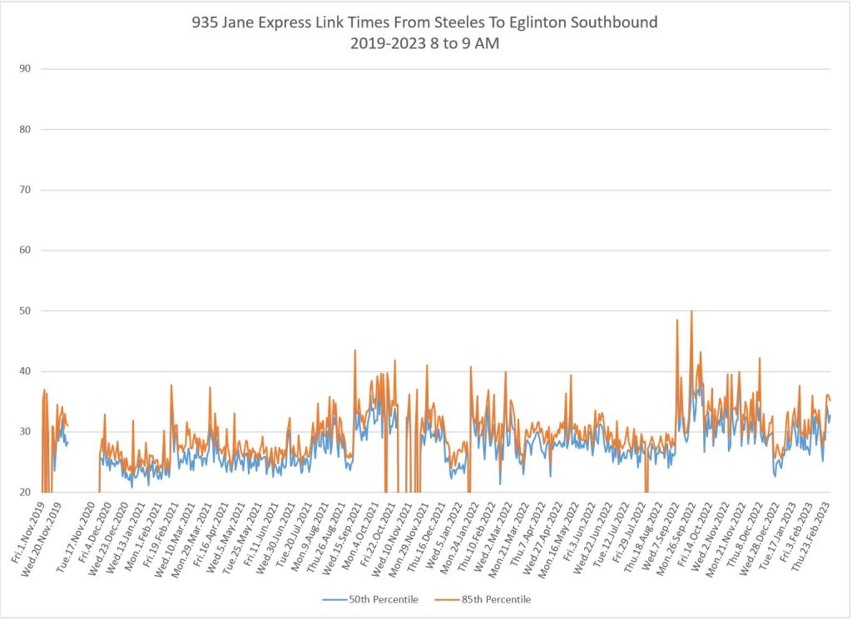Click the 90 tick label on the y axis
coord(25,69)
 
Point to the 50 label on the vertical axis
coord(25,311)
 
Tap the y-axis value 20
coord(25,493)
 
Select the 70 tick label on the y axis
coord(25,190)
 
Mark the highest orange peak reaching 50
coord(691,312)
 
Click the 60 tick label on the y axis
coord(25,250)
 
